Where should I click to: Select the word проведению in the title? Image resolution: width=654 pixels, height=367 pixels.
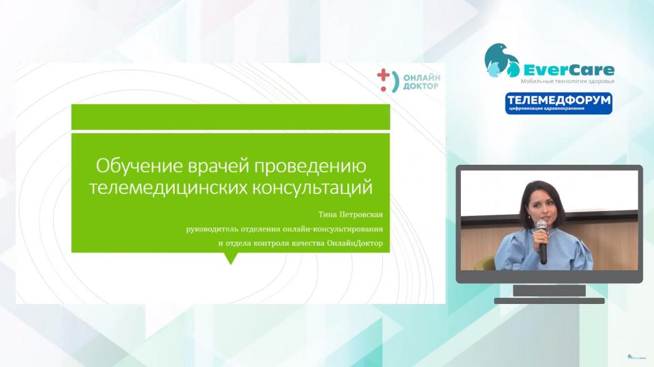click(x=310, y=167)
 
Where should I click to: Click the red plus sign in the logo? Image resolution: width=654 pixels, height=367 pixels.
click(x=384, y=76)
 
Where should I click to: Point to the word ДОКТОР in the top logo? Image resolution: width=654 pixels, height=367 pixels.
click(x=421, y=86)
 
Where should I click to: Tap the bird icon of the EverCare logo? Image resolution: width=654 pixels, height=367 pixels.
click(x=502, y=61)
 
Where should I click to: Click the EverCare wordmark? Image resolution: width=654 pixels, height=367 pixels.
click(x=568, y=69)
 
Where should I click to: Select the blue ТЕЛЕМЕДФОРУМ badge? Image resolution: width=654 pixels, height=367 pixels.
click(x=558, y=103)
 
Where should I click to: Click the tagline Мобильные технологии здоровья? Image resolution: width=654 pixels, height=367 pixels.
click(x=567, y=81)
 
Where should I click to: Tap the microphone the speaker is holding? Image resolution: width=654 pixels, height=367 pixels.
click(x=542, y=242)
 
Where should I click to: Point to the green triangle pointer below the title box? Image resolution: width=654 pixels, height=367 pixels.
click(x=230, y=258)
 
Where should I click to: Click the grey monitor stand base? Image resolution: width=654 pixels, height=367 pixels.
click(x=549, y=301)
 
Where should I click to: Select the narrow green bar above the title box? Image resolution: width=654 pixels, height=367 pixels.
click(x=230, y=117)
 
